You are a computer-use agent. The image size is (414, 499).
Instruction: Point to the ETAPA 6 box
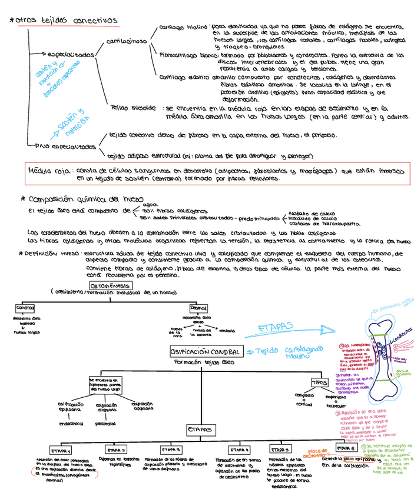click(345, 449)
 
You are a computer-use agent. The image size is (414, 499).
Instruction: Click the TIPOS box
click(320, 382)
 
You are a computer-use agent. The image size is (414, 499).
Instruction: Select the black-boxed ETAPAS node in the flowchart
click(201, 430)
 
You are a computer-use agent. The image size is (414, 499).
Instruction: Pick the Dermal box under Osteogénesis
click(198, 308)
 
